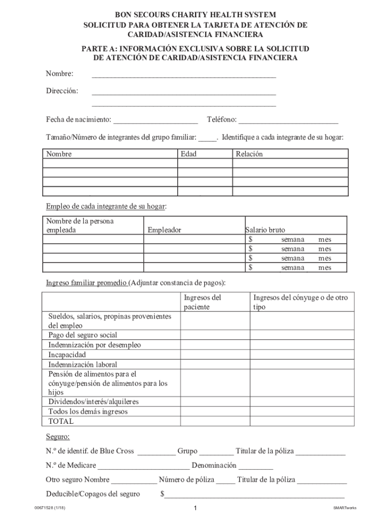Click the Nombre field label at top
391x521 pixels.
pos(59,74)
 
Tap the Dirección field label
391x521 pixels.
pos(62,91)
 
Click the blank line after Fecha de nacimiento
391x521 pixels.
pos(155,121)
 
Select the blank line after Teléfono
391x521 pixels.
pos(288,121)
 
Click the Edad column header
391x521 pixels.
pos(188,154)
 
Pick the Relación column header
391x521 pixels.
pos(249,154)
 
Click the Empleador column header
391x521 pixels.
pos(164,230)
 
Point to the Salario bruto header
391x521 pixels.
pos(265,230)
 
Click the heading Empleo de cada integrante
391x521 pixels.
pos(106,206)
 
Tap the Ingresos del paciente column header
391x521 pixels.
pos(202,302)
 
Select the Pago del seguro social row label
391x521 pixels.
pos(83,335)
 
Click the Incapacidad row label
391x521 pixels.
pos(67,355)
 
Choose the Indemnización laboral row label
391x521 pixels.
pos(83,364)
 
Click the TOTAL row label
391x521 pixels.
pos(61,421)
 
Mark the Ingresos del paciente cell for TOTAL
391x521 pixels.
pos(215,421)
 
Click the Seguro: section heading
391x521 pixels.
pos(58,437)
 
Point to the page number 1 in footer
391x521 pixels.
pos(195,508)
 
